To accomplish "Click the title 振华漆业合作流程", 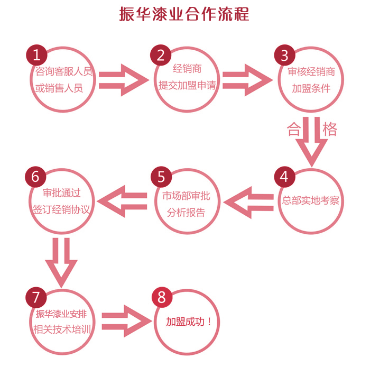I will click(x=184, y=14).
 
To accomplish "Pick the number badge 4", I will click(x=284, y=177).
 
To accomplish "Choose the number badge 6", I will click(x=36, y=176).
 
